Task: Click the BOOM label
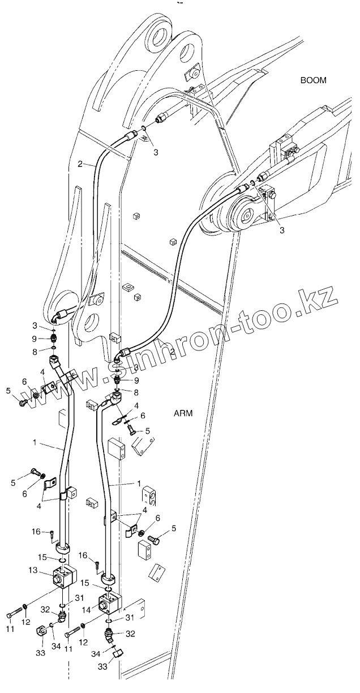click(313, 80)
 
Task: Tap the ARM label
click(183, 413)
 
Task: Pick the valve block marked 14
click(109, 604)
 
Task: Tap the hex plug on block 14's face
click(104, 606)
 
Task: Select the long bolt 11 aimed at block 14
click(73, 629)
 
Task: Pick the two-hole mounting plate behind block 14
click(138, 607)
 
